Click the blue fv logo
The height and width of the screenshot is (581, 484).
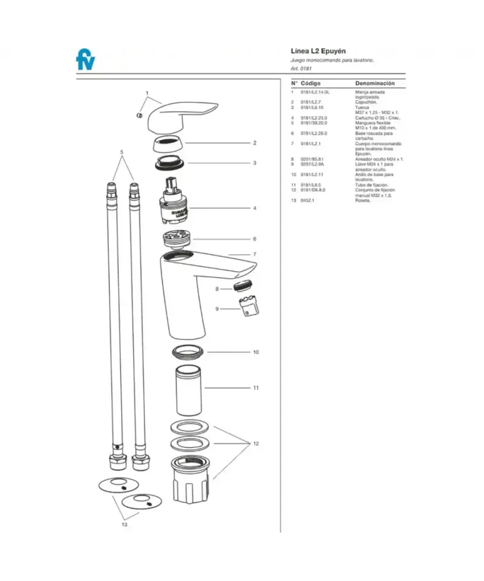pos(85,60)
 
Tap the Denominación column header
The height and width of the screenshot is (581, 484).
pos(374,83)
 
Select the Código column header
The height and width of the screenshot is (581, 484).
pos(310,83)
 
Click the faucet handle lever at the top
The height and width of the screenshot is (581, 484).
pos(181,114)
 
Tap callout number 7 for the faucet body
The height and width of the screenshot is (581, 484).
pos(255,254)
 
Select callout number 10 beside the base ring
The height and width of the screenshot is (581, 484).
pos(255,352)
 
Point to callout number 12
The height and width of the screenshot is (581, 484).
pos(255,444)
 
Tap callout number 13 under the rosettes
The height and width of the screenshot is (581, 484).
pos(124,525)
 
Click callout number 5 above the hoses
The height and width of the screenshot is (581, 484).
pos(122,151)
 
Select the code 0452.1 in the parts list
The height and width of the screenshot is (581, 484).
pos(308,200)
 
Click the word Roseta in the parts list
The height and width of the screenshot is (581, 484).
pos(362,200)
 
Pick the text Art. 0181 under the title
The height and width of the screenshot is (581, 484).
pos(301,69)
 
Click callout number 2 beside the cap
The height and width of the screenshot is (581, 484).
pos(255,143)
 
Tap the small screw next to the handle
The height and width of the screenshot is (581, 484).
pos(140,115)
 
